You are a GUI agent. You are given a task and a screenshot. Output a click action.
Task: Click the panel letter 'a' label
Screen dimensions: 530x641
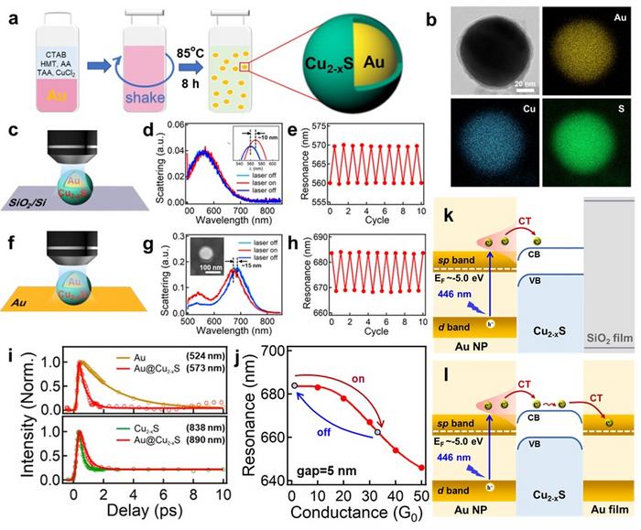(9, 11)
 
